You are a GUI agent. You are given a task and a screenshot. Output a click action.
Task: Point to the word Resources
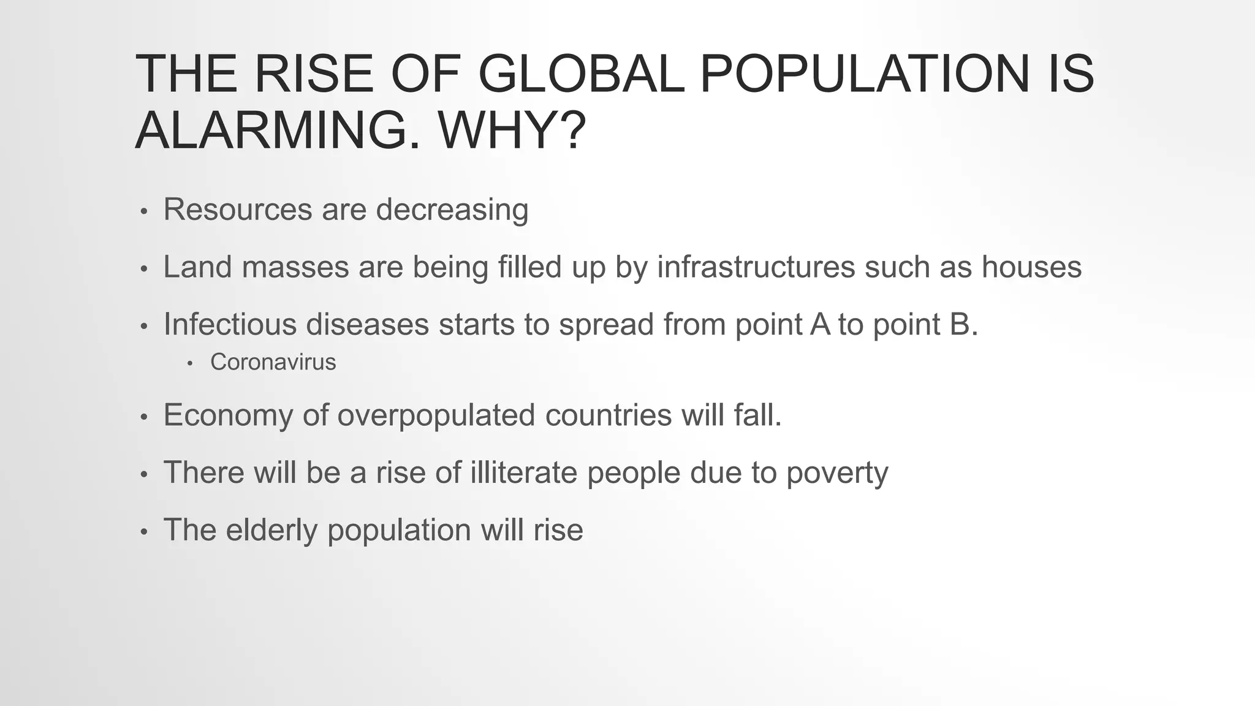click(238, 210)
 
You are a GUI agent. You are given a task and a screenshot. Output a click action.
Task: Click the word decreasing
click(452, 210)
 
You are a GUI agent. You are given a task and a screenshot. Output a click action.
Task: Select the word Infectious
click(230, 324)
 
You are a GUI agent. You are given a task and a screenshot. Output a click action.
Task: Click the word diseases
click(367, 324)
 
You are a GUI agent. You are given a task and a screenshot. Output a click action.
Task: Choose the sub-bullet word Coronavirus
click(273, 362)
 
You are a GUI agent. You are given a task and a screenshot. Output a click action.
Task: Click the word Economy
click(228, 415)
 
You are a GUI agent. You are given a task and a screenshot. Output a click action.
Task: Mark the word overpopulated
click(436, 416)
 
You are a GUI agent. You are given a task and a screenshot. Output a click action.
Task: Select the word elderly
click(271, 530)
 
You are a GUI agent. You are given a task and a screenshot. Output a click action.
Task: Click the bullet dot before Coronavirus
click(190, 364)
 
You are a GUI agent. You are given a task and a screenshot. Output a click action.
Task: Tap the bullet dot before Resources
click(144, 212)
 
